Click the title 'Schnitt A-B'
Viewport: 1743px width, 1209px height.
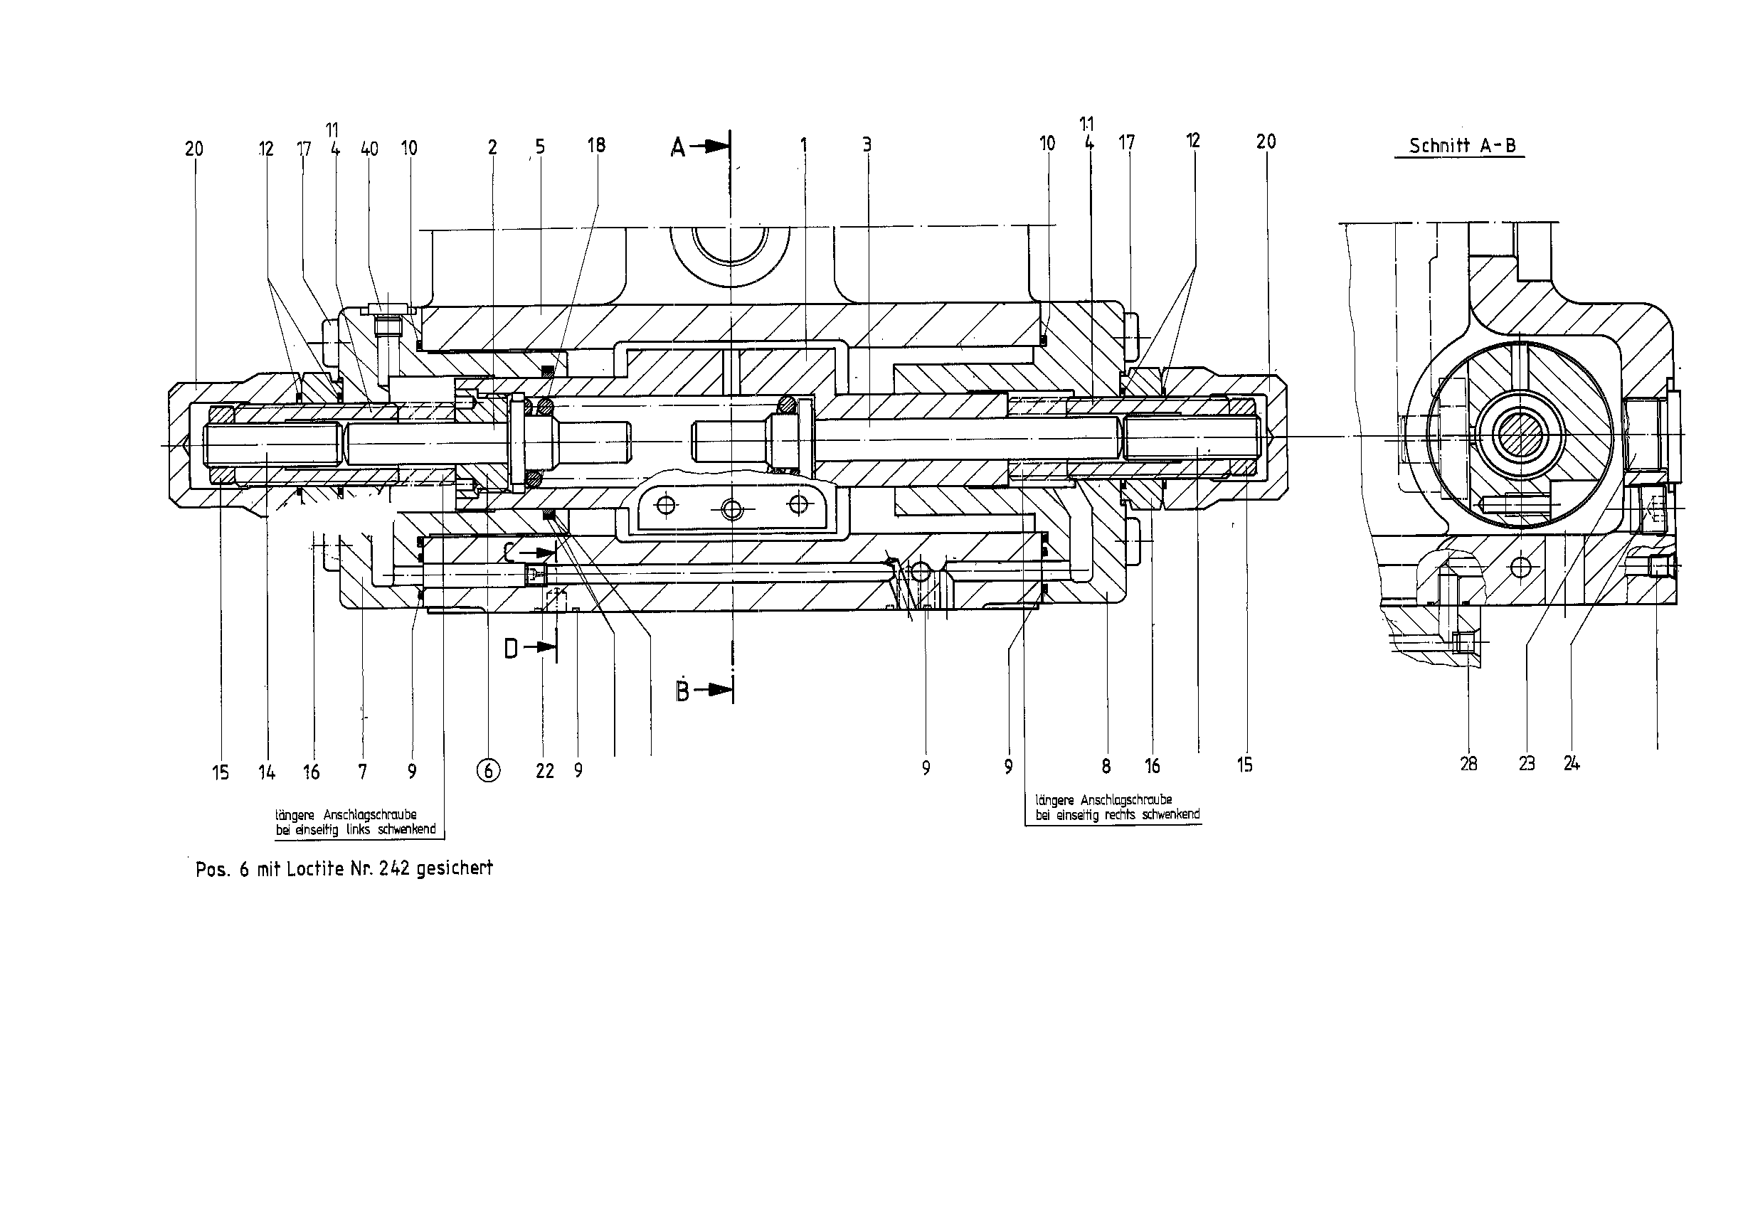[x=1462, y=146]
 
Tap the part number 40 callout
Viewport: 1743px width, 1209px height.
[x=369, y=149]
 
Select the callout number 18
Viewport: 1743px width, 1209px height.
[x=596, y=146]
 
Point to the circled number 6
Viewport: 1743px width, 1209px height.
[x=489, y=771]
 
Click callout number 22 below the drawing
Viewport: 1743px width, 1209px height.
[x=545, y=771]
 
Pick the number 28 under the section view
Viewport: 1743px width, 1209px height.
[x=1468, y=765]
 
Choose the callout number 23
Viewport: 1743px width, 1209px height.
[x=1526, y=764]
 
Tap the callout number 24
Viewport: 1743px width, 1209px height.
[x=1571, y=764]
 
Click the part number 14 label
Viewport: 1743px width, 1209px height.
[x=266, y=772]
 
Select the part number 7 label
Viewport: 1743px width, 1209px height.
[x=363, y=772]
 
